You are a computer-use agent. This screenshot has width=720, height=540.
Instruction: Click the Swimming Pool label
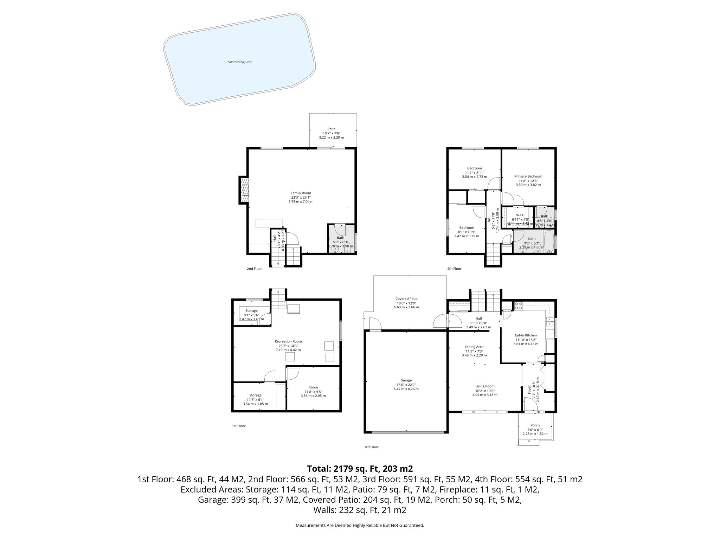(240, 62)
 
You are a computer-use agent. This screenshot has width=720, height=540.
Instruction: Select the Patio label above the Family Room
(331, 129)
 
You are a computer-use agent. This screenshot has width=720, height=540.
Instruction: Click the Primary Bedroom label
(528, 176)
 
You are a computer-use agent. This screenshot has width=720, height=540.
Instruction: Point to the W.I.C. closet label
(520, 215)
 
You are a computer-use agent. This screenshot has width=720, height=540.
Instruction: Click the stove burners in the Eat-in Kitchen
(519, 306)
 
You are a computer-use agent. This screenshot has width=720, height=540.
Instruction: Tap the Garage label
(406, 380)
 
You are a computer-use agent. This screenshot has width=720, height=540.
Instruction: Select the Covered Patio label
(406, 299)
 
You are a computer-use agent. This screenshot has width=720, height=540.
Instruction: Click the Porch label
(535, 425)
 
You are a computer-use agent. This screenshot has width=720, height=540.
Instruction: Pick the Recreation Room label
(288, 341)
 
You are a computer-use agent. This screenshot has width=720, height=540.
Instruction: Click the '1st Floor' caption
(238, 426)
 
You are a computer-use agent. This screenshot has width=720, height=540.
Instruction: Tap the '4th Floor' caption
(454, 269)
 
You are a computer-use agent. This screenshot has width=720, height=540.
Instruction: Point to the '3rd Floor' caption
(371, 447)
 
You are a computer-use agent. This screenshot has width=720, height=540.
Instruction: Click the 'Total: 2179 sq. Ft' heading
(360, 469)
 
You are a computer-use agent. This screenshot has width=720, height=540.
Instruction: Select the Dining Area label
(474, 347)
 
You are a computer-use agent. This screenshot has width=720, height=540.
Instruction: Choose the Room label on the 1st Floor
(313, 387)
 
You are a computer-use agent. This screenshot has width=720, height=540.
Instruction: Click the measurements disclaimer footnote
(360, 526)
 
